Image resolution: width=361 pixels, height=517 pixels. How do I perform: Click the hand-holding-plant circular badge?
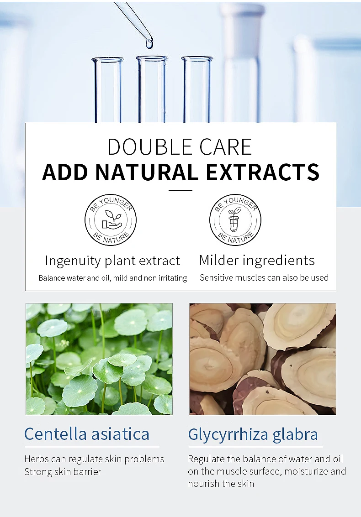click(x=110, y=220)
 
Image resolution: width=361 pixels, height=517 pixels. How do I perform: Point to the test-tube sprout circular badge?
click(x=235, y=220)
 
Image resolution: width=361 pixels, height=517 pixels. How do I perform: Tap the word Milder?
click(x=219, y=261)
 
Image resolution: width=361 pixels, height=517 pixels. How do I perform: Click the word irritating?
click(x=173, y=278)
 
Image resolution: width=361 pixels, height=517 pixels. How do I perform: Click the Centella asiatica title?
click(x=87, y=434)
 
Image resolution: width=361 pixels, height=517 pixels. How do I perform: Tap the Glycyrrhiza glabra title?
click(x=253, y=435)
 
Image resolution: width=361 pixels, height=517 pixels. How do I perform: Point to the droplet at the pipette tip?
click(x=149, y=43)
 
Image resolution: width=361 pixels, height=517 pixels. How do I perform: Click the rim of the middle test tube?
click(x=152, y=58)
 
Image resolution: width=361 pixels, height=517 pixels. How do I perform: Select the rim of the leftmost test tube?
click(x=108, y=60)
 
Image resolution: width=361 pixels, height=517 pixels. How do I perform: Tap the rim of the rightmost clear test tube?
click(x=197, y=59)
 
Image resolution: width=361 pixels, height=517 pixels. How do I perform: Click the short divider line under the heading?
click(x=180, y=190)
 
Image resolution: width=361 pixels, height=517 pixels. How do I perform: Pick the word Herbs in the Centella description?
click(x=37, y=459)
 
